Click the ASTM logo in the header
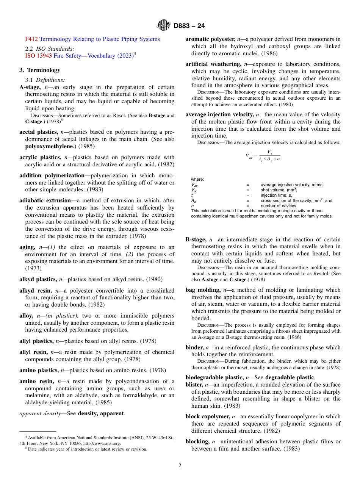click(164, 25)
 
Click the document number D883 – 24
click(189, 26)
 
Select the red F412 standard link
click(31, 39)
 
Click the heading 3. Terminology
click(40, 70)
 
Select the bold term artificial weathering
click(213, 64)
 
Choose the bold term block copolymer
click(208, 416)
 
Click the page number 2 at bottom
click(180, 466)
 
